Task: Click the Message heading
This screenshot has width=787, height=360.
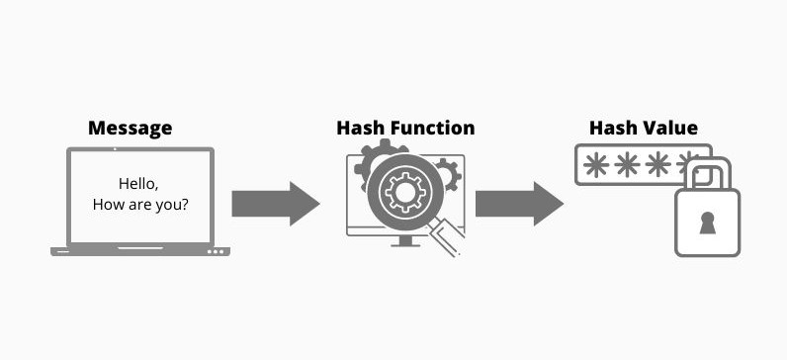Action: click(130, 128)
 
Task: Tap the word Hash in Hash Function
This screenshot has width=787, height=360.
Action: click(357, 128)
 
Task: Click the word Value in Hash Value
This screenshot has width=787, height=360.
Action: click(671, 128)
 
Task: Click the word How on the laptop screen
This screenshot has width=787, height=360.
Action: click(109, 206)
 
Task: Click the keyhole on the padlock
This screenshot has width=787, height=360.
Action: click(707, 225)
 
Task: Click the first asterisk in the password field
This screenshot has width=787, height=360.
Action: click(597, 165)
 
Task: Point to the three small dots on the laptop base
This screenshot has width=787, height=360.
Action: click(217, 252)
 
